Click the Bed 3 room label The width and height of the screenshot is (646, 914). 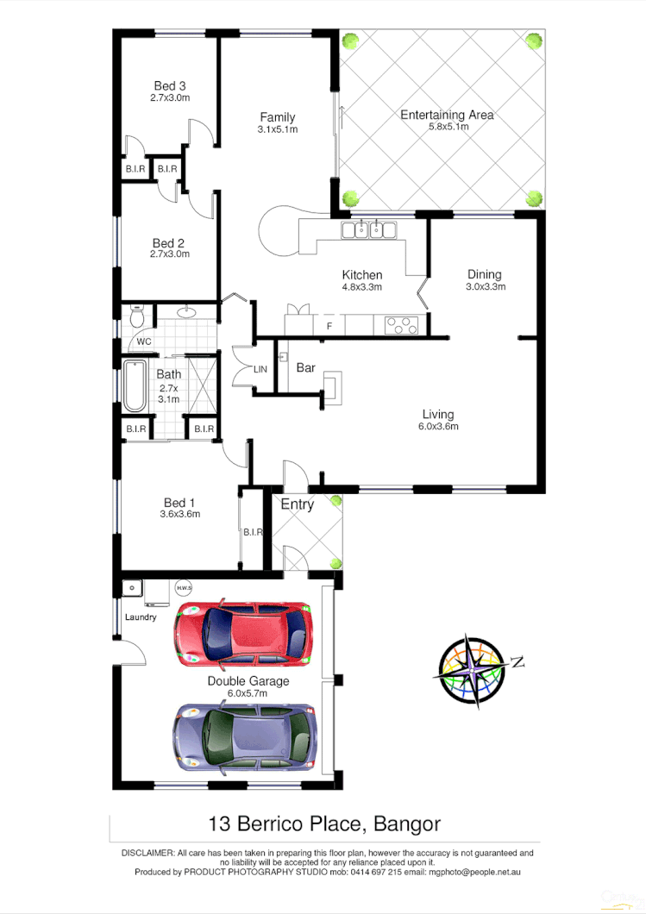tap(170, 85)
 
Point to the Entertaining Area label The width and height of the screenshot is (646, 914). tap(447, 115)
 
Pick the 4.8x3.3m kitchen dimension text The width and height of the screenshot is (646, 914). tap(361, 287)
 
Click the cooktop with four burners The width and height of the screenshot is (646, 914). tap(400, 325)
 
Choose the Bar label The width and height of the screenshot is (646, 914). tap(306, 368)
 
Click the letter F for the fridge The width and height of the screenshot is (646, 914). tap(329, 326)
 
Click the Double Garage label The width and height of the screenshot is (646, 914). tap(248, 681)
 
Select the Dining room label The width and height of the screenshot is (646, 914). tap(485, 275)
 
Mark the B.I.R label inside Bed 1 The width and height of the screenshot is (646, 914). tap(252, 532)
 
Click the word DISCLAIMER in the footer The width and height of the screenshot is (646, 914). tap(147, 853)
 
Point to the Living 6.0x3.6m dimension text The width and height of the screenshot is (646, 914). tap(438, 426)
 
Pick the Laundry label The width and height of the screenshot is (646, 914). tap(141, 617)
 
